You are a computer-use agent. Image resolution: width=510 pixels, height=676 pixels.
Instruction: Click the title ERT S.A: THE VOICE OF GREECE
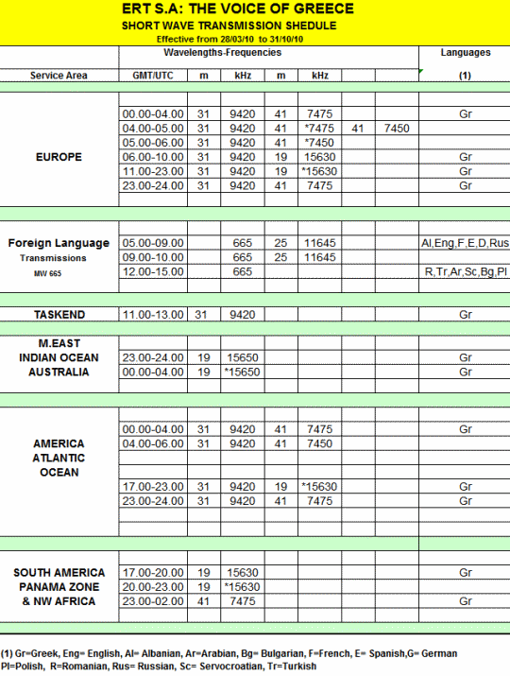pos(251,9)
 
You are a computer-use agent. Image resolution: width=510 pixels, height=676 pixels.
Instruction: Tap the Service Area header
pos(59,74)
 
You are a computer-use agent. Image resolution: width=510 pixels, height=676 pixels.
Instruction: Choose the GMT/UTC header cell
pos(153,74)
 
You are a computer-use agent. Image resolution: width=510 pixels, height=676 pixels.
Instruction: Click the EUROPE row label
pos(59,157)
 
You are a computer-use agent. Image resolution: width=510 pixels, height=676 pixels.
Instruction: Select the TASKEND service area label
pos(59,314)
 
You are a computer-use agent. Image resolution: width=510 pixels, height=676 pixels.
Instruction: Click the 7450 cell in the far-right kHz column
pos(397,128)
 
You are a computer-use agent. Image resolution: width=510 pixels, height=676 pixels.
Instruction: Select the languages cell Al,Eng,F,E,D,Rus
pos(465,243)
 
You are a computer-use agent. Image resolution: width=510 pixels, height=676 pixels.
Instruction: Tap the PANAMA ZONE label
pos(59,587)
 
